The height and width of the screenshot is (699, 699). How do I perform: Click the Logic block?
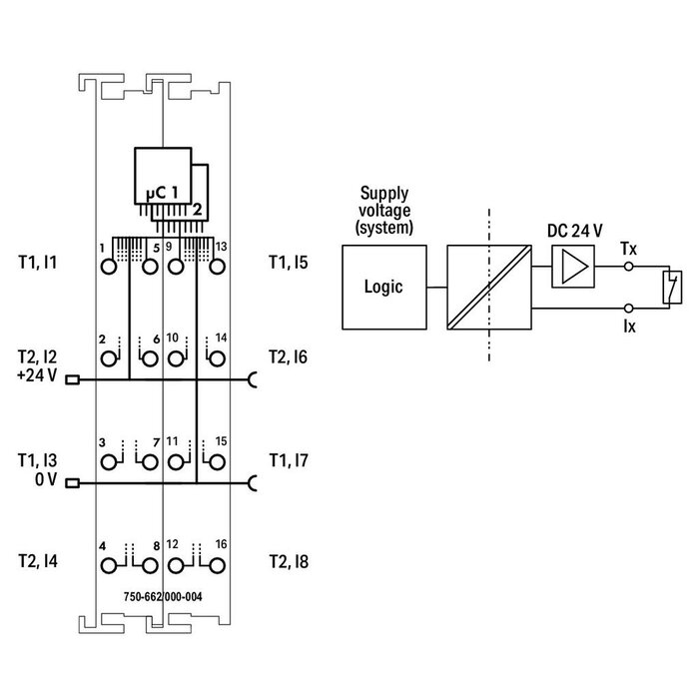coord(383,288)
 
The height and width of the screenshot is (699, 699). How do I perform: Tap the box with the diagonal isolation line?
coord(487,288)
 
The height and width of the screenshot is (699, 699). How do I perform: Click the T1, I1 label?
coord(37,264)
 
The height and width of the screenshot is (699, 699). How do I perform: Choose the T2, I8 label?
coord(288,563)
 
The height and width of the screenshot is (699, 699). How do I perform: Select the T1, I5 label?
coord(288,264)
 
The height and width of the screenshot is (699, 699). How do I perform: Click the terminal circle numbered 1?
coord(108,265)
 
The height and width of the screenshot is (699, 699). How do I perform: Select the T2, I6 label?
coord(288,356)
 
